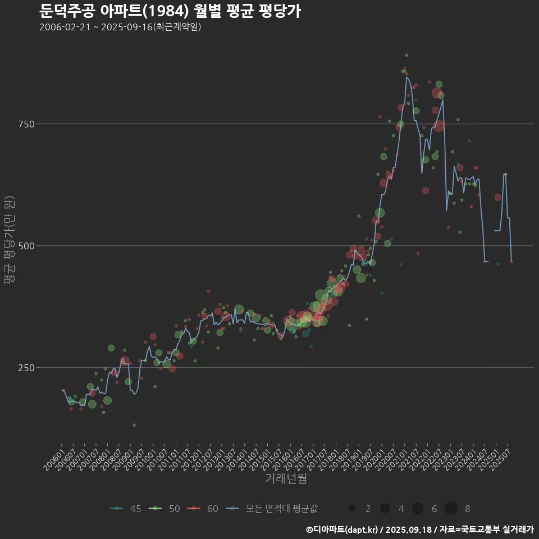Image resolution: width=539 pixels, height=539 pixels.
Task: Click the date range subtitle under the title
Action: (x=120, y=27)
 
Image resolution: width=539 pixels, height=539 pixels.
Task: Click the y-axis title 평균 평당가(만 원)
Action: (x=9, y=241)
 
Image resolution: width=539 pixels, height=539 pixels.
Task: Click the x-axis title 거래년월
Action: (x=286, y=479)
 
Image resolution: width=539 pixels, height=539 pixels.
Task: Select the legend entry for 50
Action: (x=164, y=509)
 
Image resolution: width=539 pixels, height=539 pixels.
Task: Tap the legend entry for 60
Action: (x=203, y=509)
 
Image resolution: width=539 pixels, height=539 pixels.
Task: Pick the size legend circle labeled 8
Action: (x=451, y=509)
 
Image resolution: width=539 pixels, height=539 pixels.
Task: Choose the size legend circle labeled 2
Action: (x=352, y=509)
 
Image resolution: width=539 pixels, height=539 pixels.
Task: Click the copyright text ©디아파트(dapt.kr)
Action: (x=342, y=529)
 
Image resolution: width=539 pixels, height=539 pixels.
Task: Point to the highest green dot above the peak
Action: (x=406, y=55)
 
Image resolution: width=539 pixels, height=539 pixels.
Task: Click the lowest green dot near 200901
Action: (x=134, y=425)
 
